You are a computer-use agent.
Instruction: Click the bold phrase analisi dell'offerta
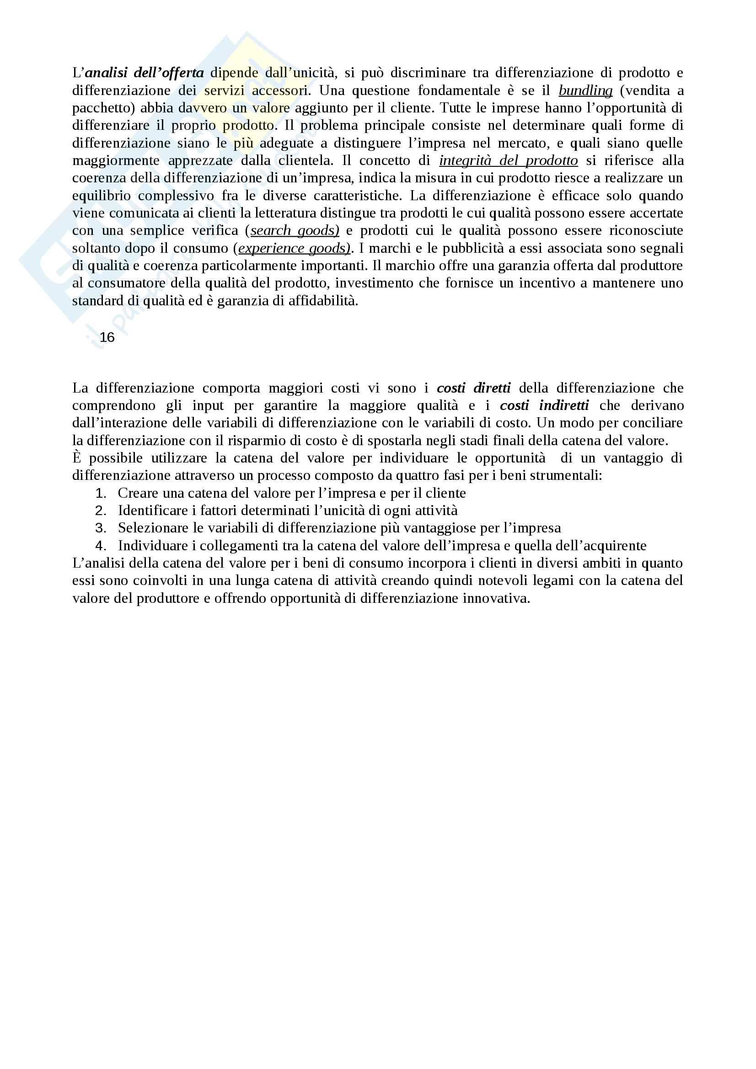tap(145, 73)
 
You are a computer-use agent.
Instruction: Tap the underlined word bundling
tap(585, 90)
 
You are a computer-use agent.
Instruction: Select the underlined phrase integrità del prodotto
tap(508, 160)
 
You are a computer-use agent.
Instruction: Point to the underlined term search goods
tap(295, 230)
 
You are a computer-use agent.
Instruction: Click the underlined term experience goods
tap(294, 248)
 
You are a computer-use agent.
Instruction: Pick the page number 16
tap(107, 338)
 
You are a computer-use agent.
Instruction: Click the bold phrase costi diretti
tap(473, 388)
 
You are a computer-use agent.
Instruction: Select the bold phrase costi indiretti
tap(544, 405)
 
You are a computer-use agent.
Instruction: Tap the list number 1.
tap(101, 493)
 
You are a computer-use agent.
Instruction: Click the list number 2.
tap(101, 511)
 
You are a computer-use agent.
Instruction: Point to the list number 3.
tap(101, 528)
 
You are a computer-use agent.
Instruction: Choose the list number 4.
tap(101, 546)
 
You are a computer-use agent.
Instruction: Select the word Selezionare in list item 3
tap(148, 528)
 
